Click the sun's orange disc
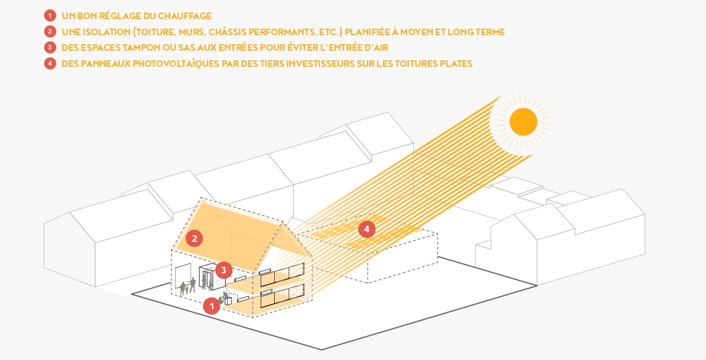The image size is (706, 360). pos(523,122)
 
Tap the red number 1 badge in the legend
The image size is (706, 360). pos(50,16)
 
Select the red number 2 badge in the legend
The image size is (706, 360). pos(50,32)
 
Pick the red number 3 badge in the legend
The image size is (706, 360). pos(50,48)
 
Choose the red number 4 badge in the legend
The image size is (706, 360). pos(50,63)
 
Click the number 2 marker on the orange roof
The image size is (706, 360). pos(194,239)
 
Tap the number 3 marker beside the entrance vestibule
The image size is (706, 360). pos(223,270)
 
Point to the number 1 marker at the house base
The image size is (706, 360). pos(211,306)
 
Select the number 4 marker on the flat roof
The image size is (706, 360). pos(367,229)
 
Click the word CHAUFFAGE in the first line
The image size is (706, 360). pos(185,16)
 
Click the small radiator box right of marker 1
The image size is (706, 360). pos(228,300)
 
